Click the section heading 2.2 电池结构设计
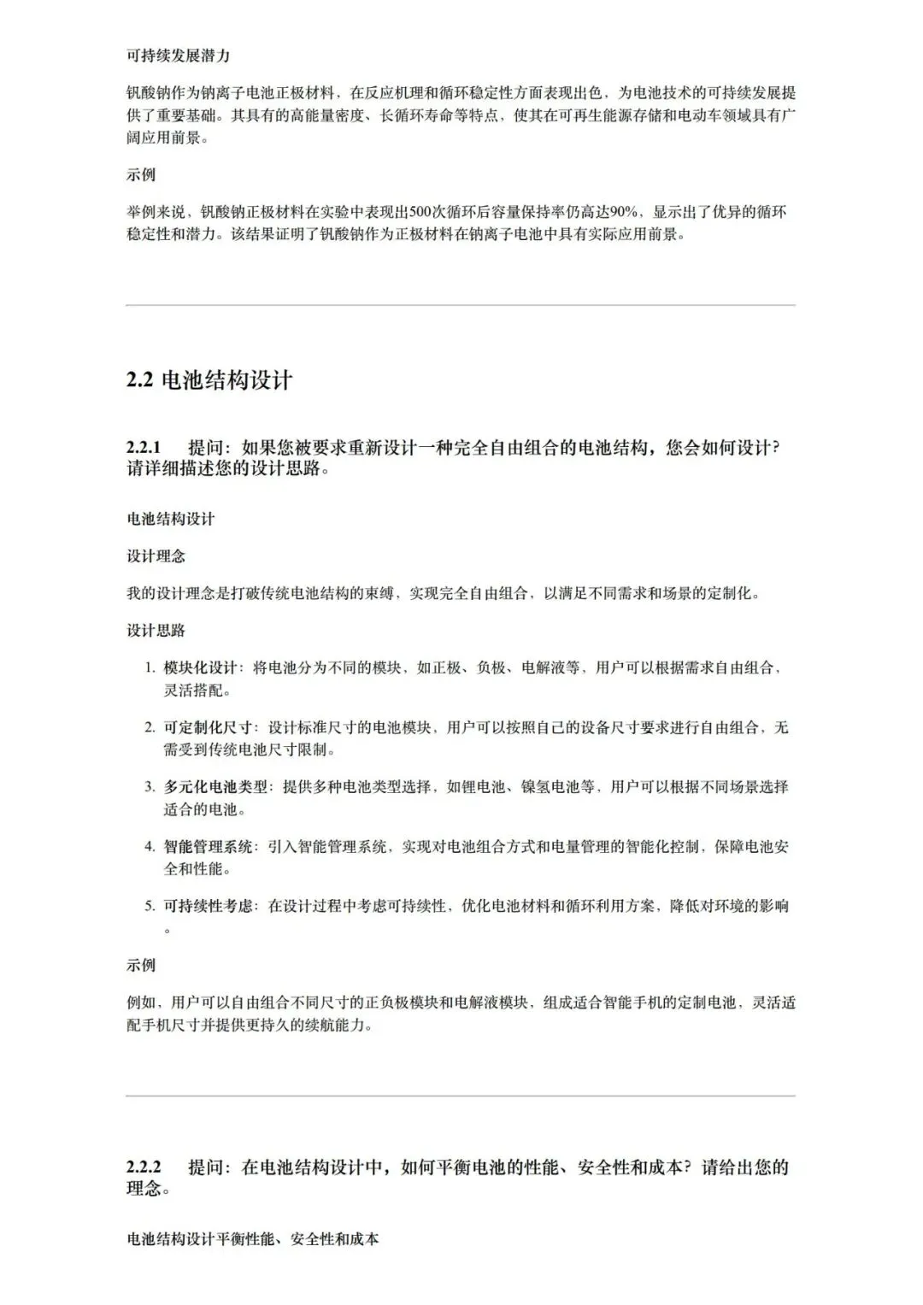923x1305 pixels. [x=209, y=380]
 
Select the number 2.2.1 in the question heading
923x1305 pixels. [x=144, y=448]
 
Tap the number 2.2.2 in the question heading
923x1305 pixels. [x=144, y=1167]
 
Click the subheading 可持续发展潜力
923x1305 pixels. [x=178, y=56]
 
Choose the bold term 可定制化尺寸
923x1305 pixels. [x=209, y=728]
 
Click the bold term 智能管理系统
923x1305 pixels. [x=209, y=847]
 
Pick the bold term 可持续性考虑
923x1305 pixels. [x=209, y=906]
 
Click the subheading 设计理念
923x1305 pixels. [x=156, y=556]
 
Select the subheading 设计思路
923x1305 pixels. [x=156, y=631]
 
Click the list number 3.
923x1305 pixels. [x=149, y=787]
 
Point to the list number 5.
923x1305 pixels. [x=149, y=906]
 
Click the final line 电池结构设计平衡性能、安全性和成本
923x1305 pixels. [x=252, y=1238]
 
